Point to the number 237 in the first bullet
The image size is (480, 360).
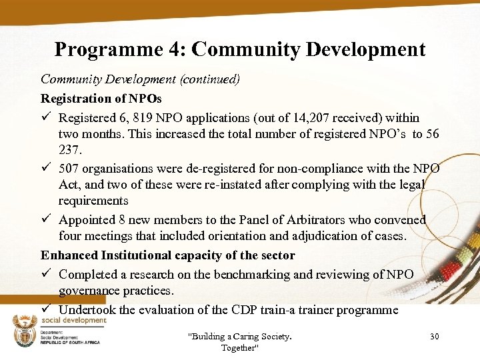click(70, 149)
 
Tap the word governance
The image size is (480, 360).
click(91, 291)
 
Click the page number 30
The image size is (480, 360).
click(434, 337)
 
